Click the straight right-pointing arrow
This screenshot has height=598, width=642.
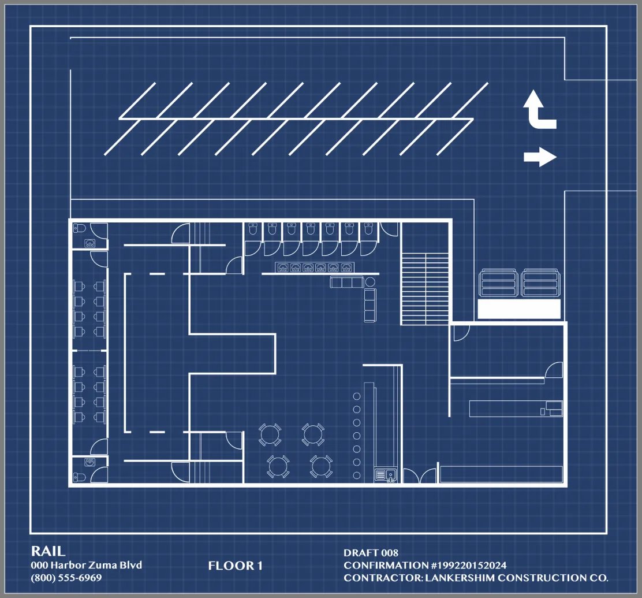[540, 157]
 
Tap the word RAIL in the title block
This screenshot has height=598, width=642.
[48, 551]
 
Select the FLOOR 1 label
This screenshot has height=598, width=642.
[235, 566]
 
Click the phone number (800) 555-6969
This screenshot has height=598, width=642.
[66, 578]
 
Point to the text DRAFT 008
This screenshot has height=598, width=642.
[371, 552]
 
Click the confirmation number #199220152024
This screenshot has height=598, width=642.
[469, 565]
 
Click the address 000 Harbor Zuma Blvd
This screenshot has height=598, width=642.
[87, 565]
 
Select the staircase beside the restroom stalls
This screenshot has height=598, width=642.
[425, 288]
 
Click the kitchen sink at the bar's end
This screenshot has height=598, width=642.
[386, 475]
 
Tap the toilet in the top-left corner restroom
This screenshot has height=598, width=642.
[79, 228]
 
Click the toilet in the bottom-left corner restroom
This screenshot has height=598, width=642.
[79, 477]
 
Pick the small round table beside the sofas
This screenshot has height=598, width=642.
[370, 281]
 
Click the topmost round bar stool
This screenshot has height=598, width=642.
[357, 396]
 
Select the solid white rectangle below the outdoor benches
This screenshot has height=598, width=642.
[519, 309]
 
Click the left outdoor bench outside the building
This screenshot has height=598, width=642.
[498, 283]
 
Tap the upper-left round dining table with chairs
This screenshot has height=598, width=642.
[270, 434]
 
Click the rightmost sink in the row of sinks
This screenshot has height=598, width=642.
[346, 268]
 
